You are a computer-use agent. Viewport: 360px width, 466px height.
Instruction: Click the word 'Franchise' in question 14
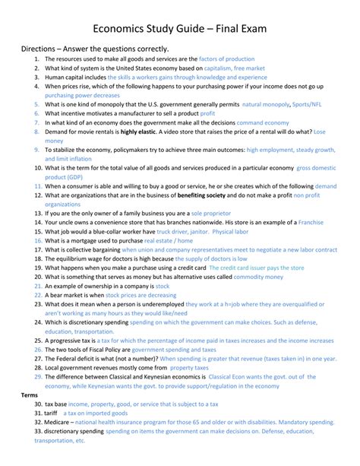tap(311, 223)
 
